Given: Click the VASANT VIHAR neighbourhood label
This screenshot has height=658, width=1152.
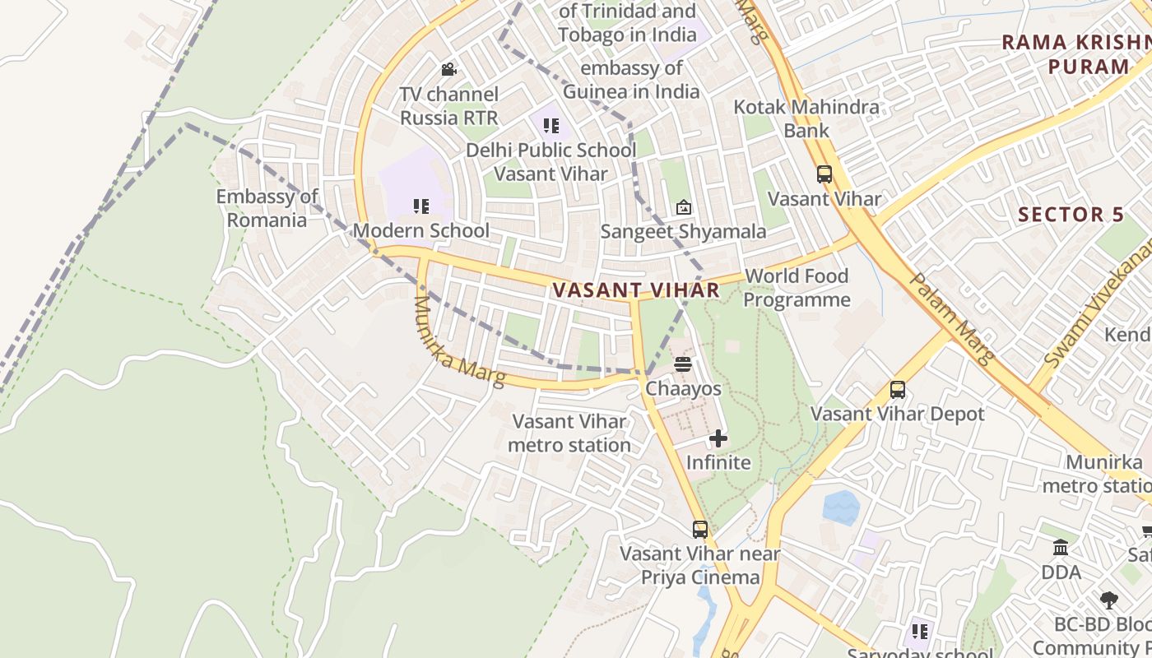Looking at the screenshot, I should tap(636, 290).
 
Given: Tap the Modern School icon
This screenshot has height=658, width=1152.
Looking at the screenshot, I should tap(421, 206).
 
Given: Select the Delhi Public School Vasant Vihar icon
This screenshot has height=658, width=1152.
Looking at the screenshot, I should tap(551, 126).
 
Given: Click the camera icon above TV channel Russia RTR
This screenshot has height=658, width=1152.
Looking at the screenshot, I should tap(448, 70).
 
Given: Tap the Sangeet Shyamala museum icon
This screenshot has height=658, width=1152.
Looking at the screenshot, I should tap(683, 207).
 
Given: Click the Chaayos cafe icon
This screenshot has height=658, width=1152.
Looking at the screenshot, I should tap(683, 364).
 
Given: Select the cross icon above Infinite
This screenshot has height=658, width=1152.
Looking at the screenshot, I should tap(718, 438).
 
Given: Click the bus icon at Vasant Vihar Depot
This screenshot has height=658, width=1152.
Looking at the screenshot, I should tap(898, 389).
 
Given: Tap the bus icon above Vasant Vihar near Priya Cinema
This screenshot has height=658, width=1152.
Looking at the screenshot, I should tap(700, 530).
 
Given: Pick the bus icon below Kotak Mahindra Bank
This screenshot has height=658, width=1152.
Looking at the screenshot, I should tap(825, 174).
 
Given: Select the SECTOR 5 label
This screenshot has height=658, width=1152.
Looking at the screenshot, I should tap(1071, 215).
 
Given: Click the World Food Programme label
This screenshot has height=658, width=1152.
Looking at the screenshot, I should tap(797, 288).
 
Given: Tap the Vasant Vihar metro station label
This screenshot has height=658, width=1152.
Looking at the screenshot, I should tap(569, 433).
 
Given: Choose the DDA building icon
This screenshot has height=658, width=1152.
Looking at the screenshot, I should tap(1061, 548).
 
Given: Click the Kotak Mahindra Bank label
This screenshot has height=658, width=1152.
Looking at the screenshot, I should tap(806, 118).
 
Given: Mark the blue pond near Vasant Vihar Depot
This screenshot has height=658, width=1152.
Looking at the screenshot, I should tap(841, 507).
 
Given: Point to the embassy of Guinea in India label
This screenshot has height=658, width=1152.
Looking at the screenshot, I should tap(631, 80).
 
